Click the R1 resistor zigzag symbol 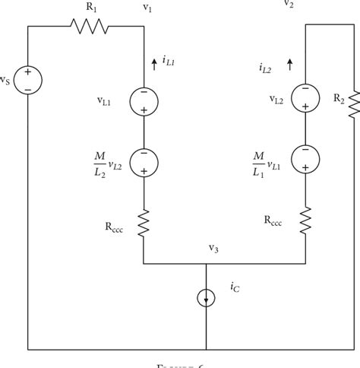[90, 27]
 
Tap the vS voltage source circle [28, 81]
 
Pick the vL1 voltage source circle [144, 101]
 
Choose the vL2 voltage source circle [305, 97]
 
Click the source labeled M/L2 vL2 [144, 161]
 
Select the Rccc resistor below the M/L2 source [144, 223]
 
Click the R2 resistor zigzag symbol [354, 106]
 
